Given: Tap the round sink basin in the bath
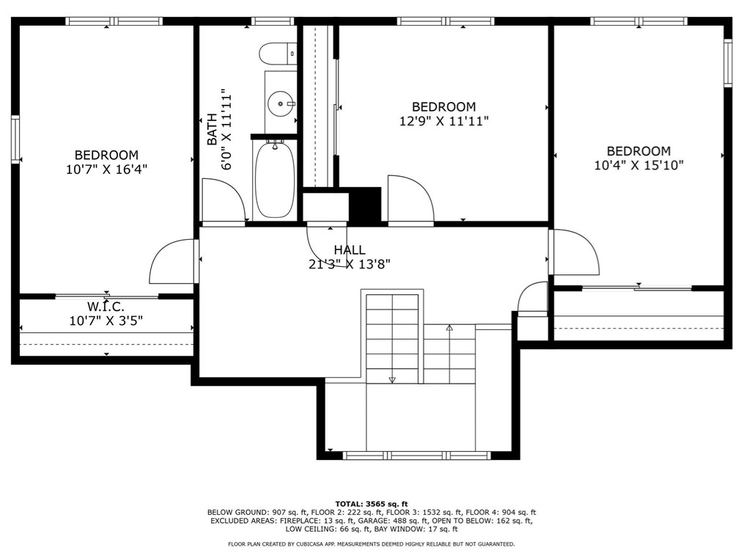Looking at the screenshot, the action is (x=280, y=103).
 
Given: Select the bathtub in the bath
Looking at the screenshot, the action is (x=275, y=180).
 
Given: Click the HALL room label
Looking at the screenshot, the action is (x=350, y=250).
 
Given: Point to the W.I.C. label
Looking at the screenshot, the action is (x=106, y=307).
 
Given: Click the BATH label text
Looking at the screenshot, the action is (x=212, y=129).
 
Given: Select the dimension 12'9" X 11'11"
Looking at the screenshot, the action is (x=444, y=122).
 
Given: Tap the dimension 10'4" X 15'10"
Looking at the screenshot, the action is (x=639, y=165).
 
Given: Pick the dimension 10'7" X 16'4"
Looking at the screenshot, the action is (x=107, y=169).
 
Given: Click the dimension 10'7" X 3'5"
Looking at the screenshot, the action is (x=106, y=321).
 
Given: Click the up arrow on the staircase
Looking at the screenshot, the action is (x=449, y=327).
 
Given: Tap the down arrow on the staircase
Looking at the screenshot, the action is (x=392, y=379).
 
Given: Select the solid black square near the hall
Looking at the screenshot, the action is (x=365, y=204).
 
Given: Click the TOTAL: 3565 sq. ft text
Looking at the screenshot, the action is (x=371, y=504).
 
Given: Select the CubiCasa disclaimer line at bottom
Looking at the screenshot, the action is (x=371, y=544).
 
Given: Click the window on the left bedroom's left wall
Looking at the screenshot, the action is (x=15, y=139).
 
